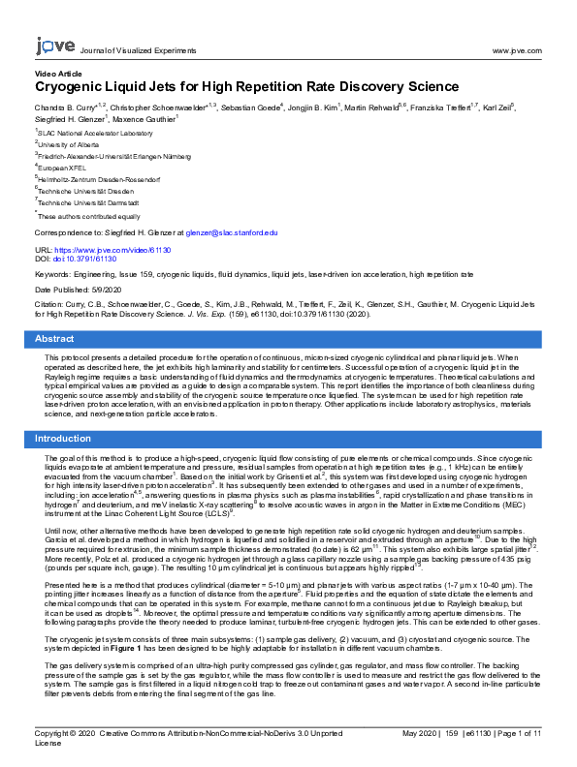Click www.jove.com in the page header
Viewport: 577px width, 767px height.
(x=516, y=49)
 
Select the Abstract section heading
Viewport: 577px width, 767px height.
(x=54, y=339)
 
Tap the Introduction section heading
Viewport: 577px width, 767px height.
(x=63, y=439)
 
